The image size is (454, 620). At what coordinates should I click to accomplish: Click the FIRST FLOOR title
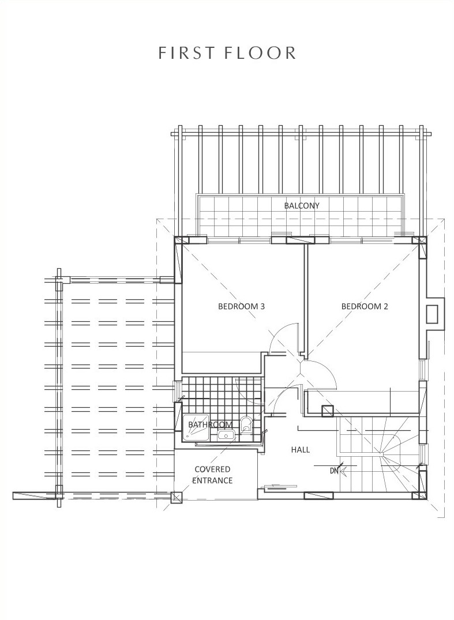click(227, 53)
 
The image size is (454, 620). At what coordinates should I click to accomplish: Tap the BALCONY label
click(302, 206)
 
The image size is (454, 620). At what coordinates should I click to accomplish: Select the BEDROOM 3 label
click(241, 306)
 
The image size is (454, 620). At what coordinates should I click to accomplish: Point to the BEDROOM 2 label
click(365, 306)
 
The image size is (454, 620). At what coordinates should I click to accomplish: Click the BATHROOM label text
click(210, 424)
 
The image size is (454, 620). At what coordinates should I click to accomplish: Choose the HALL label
click(301, 450)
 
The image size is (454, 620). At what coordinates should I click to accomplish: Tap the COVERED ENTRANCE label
click(212, 475)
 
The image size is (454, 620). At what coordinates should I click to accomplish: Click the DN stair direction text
click(334, 471)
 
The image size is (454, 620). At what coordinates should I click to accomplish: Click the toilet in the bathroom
click(246, 424)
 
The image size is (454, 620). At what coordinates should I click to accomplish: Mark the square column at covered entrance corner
click(177, 497)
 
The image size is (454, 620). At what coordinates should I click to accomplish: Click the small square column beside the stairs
click(328, 411)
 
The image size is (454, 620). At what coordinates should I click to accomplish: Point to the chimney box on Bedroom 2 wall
click(432, 315)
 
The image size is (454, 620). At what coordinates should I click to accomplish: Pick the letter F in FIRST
click(162, 53)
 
